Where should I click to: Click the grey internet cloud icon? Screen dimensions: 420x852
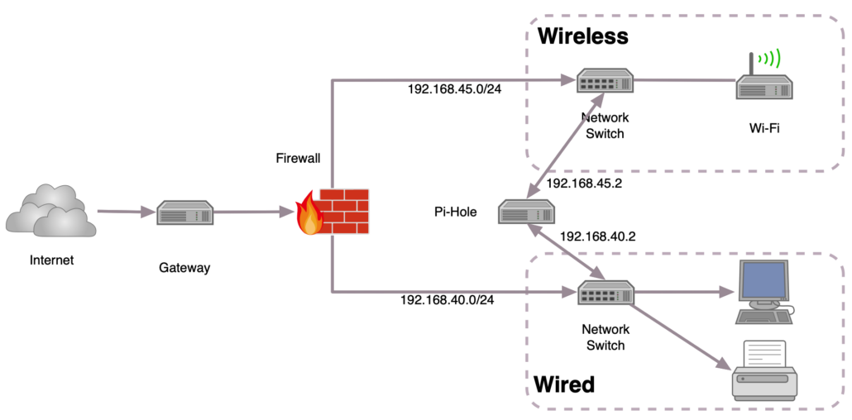coord(51,212)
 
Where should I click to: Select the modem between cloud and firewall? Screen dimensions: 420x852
coord(185,212)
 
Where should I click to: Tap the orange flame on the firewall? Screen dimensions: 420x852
coord(309,216)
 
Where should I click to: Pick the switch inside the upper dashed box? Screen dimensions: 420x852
coord(605,80)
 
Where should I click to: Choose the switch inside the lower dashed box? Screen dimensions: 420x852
coord(605,293)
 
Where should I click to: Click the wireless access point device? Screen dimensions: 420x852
coord(764,88)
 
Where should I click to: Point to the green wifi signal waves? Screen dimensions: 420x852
coord(770,58)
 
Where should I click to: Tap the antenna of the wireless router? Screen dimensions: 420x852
coord(751,64)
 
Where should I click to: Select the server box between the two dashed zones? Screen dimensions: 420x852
coord(526,212)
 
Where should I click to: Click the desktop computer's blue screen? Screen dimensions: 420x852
coord(763,280)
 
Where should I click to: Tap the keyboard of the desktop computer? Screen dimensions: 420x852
coord(762,317)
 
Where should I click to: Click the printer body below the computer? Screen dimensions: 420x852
coord(764,383)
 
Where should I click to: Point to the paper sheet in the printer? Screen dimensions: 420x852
coord(764,353)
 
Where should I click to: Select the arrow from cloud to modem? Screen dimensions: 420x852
coord(124,212)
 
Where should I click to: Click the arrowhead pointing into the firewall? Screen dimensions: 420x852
coord(286,212)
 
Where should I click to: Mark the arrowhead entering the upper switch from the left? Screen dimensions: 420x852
coord(567,80)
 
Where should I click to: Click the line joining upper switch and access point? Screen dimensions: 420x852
coord(685,80)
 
